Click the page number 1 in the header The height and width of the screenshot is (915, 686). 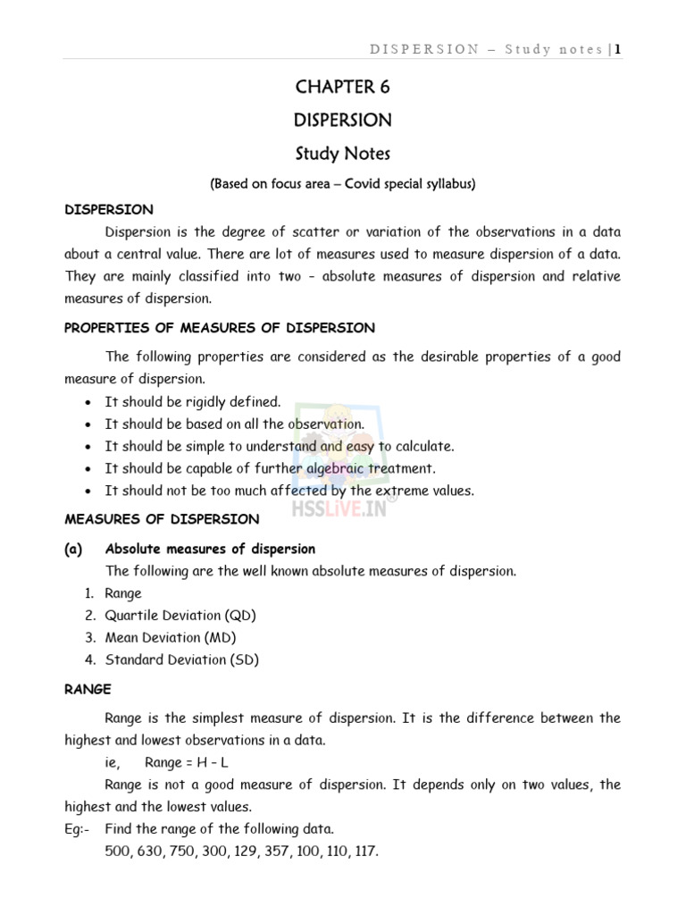click(616, 49)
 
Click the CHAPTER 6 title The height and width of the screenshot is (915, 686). click(342, 88)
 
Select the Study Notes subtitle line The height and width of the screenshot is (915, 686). click(342, 154)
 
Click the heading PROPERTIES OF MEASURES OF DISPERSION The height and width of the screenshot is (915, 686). click(220, 328)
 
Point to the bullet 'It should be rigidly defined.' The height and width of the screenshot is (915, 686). click(192, 402)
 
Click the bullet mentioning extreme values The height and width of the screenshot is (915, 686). click(289, 491)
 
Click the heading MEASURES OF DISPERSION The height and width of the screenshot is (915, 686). click(162, 519)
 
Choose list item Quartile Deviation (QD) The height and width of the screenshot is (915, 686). click(180, 615)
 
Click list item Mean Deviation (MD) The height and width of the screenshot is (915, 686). click(171, 637)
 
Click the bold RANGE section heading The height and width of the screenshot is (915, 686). click(88, 689)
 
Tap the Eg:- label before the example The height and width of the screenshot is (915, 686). click(77, 828)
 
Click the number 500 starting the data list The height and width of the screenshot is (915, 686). click(117, 851)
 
